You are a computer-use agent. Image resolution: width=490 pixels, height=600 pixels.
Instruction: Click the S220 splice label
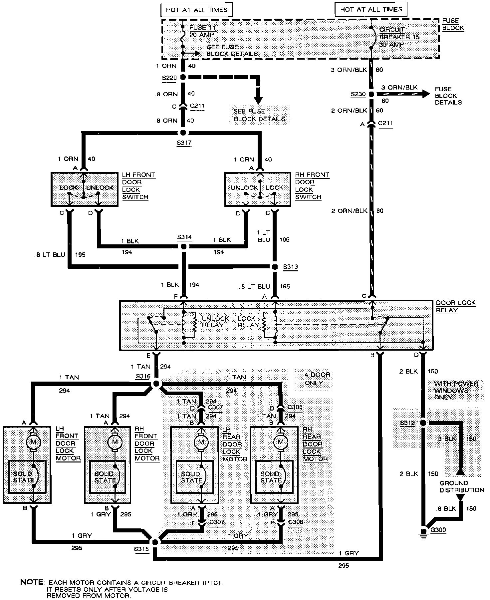coord(169,78)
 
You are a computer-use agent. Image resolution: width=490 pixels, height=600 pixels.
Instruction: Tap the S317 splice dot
coord(183,133)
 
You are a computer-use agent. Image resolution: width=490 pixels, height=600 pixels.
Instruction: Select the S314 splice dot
coord(183,246)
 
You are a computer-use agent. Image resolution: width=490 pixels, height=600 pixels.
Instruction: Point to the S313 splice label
coord(291,267)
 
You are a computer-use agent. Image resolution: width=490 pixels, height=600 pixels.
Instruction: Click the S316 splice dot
coord(155,384)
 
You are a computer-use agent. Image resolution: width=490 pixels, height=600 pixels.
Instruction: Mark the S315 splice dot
coord(155,541)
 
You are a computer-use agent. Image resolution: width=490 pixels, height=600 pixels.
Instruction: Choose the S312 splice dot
coord(423,423)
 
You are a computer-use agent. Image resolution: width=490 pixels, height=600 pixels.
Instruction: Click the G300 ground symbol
coord(423,531)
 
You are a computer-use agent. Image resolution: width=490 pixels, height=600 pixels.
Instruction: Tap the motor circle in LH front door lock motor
coord(33,442)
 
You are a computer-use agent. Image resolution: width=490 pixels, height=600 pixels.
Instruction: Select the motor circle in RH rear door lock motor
coord(281,442)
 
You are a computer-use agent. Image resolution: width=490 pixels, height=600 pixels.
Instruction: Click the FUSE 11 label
coord(202,28)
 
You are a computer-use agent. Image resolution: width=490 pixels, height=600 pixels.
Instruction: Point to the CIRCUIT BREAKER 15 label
coord(399,33)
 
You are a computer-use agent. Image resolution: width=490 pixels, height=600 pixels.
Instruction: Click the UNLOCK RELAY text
coord(215,322)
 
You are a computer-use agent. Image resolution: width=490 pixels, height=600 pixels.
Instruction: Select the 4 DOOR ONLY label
coord(317,379)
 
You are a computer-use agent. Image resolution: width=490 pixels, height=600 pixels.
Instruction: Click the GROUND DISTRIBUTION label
coord(461,486)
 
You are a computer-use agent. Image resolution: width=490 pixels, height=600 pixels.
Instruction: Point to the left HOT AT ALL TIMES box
coord(196,10)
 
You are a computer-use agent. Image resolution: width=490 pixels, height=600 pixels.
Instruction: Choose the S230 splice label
coord(358,94)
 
